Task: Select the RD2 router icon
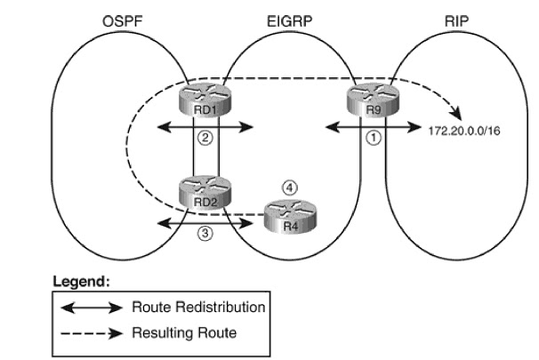(204, 192)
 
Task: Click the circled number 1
(374, 140)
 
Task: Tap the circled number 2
(204, 140)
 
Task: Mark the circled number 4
(286, 188)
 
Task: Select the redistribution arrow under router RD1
(205, 127)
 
